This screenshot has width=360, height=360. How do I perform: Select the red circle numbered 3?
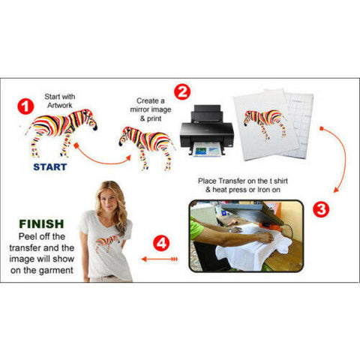321,209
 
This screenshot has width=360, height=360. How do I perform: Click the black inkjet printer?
202,131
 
